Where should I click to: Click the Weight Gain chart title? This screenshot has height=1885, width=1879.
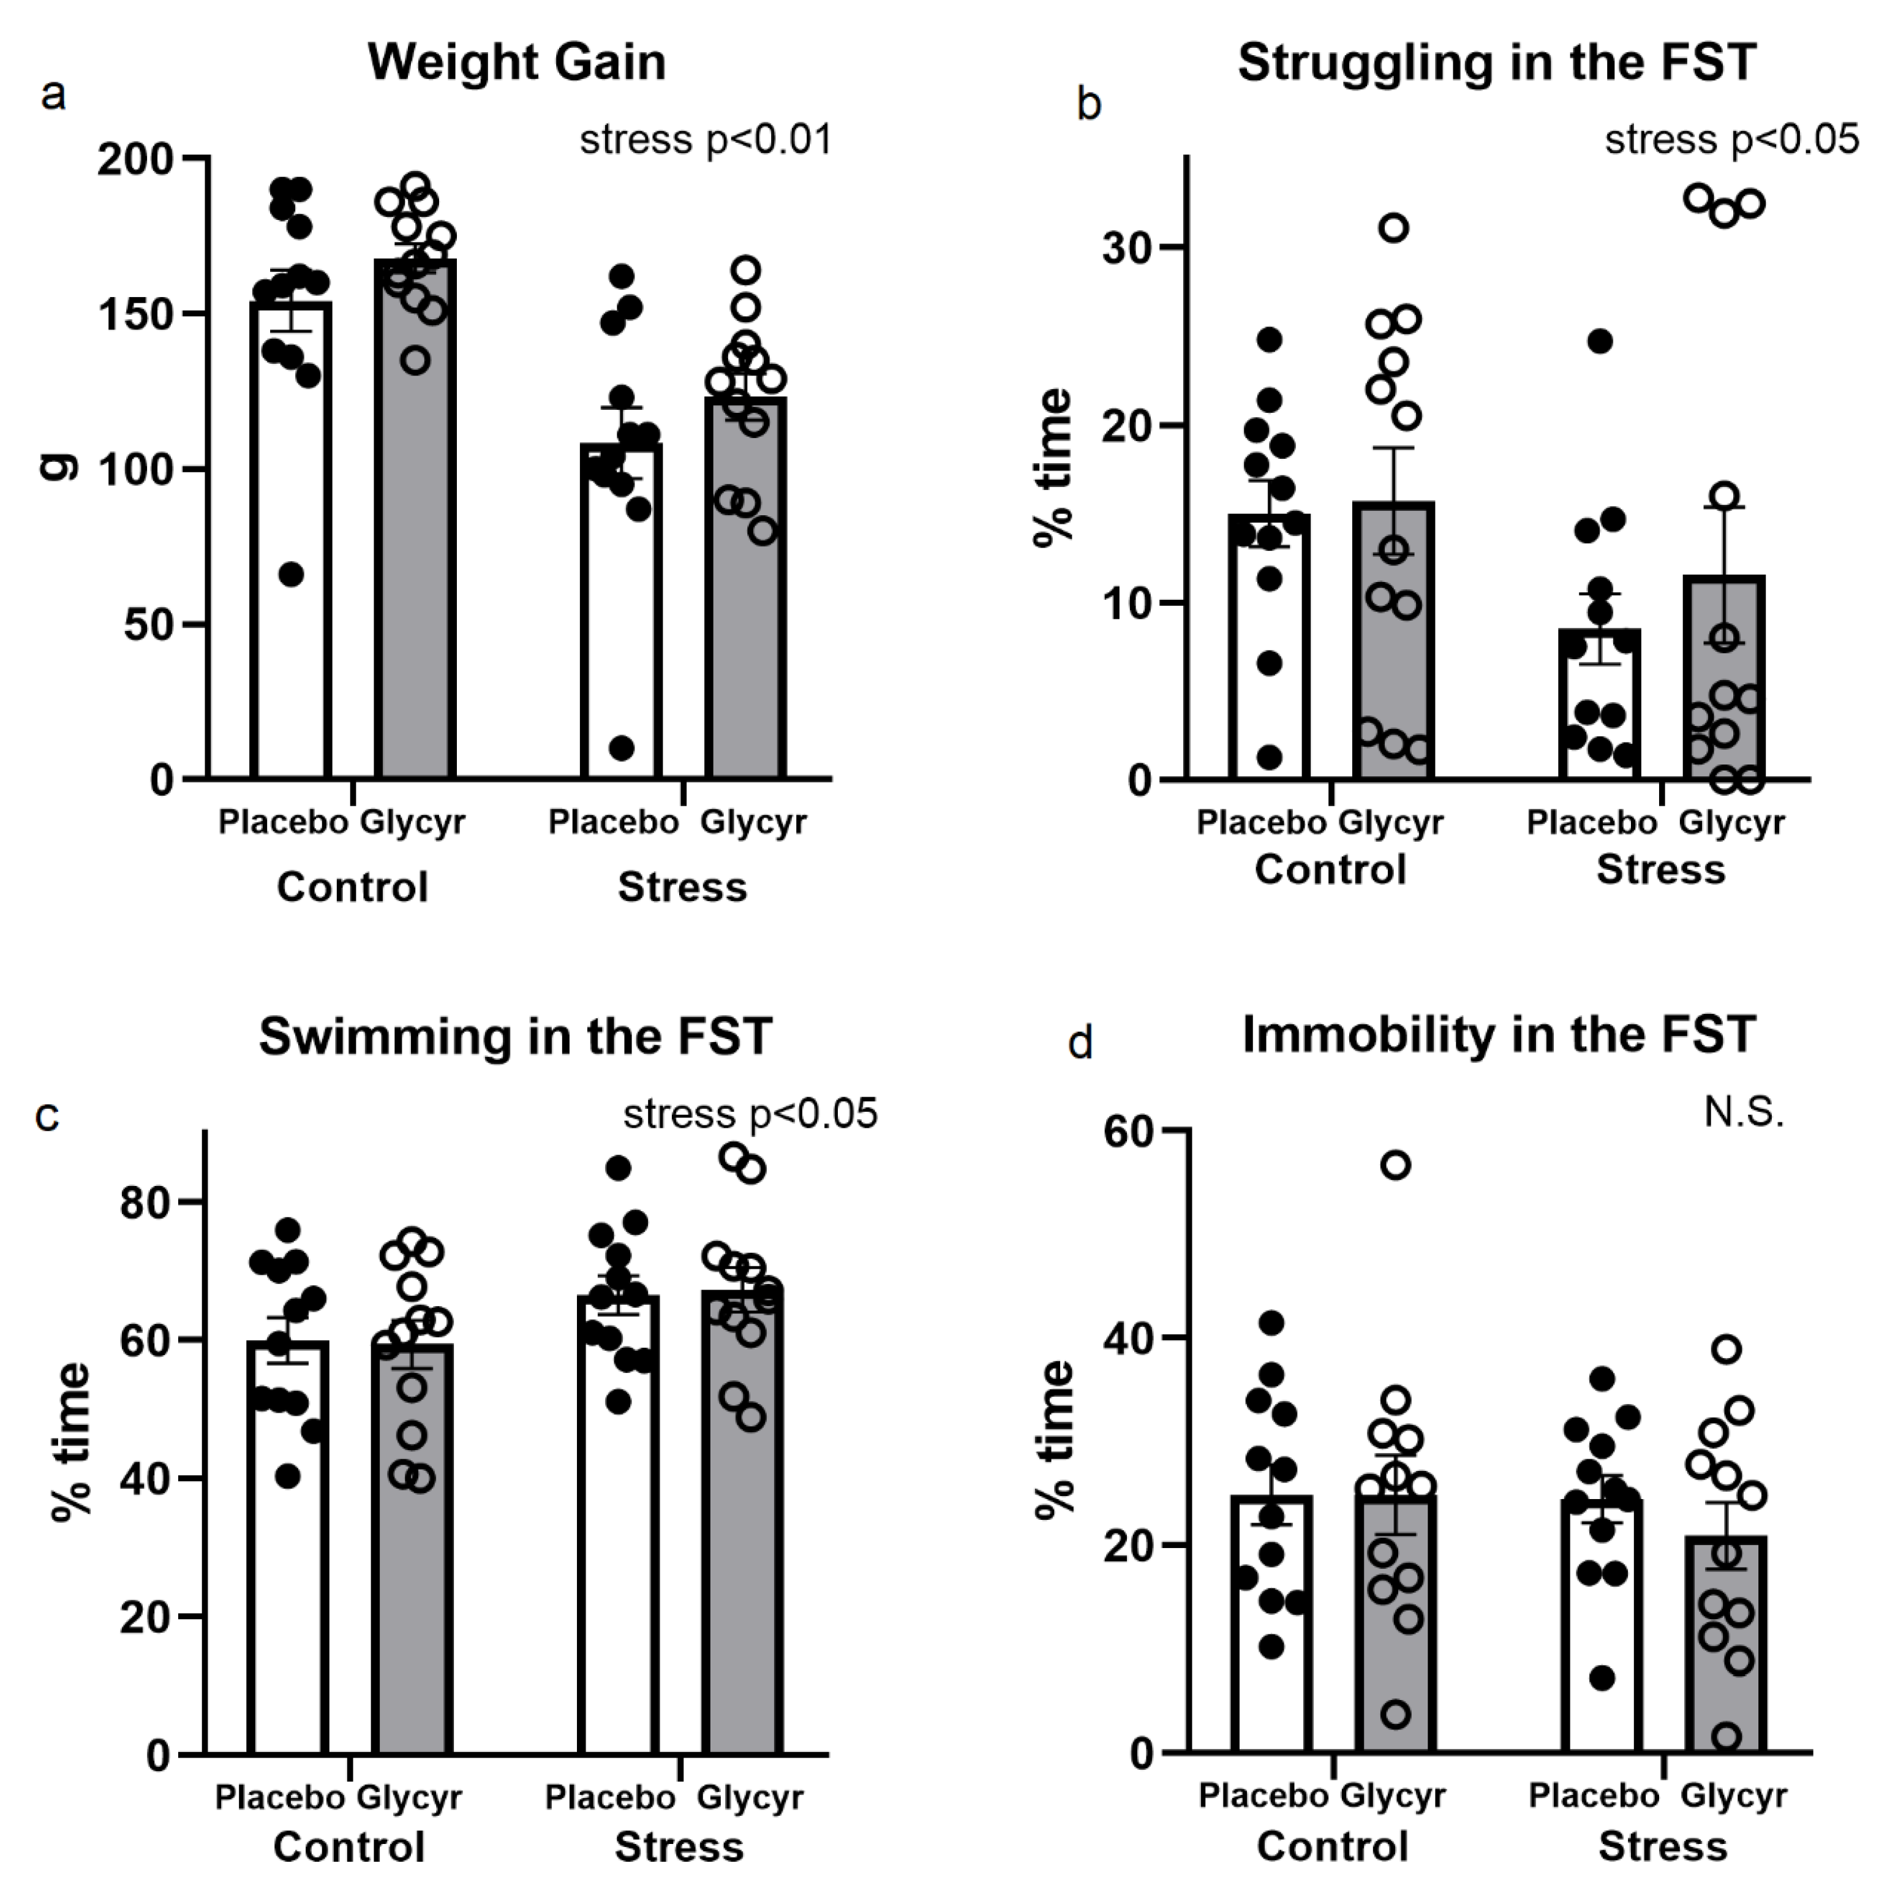[516, 62]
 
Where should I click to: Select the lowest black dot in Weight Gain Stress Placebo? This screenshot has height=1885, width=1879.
[622, 749]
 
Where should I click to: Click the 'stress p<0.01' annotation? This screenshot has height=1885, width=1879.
[706, 140]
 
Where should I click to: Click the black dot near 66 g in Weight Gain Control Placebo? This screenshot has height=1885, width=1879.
[291, 575]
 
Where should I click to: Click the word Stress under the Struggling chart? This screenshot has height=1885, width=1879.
[1660, 869]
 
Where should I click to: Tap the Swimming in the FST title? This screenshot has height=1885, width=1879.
[516, 1036]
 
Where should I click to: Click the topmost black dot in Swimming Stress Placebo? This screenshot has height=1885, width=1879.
[617, 1168]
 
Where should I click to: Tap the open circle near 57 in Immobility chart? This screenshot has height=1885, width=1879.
[1397, 1165]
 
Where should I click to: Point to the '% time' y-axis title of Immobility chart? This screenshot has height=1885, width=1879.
[1056, 1439]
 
